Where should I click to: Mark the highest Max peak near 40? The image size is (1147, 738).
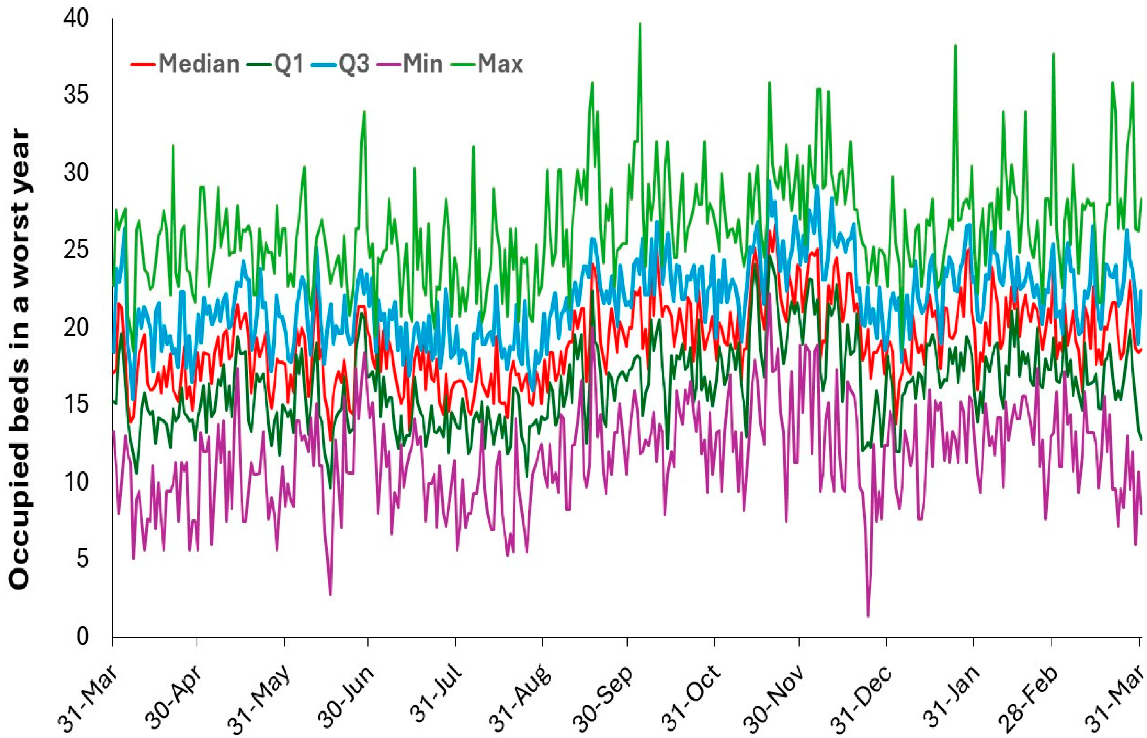[640, 23]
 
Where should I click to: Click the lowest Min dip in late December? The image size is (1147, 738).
[868, 616]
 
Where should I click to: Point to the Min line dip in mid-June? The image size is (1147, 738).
[330, 595]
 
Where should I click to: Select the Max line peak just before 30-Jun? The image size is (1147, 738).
[364, 112]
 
